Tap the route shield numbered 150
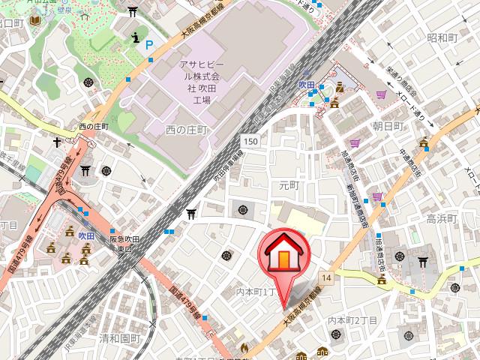(250, 142)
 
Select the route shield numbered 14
(325, 278)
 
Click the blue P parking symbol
(148, 45)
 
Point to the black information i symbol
(134, 36)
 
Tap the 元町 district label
(289, 184)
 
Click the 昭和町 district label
(442, 37)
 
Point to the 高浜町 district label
(441, 219)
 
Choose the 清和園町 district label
(119, 338)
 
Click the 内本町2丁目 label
(352, 321)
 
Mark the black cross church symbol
(57, 142)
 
